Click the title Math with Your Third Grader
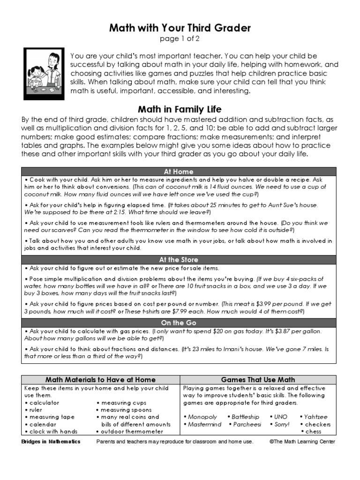tap(180, 28)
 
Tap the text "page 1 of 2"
tap(180, 39)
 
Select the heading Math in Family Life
tap(180, 110)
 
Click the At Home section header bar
tap(179, 172)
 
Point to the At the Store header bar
tap(179, 259)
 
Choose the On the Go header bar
tap(179, 322)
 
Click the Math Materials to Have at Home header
tap(100, 380)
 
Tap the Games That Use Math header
tap(258, 380)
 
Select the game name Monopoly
tap(202, 417)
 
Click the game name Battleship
tap(245, 417)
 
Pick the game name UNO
tap(280, 417)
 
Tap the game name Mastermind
tap(204, 424)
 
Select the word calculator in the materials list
tap(45, 403)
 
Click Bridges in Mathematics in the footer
tap(51, 442)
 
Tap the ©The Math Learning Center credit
tap(303, 442)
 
